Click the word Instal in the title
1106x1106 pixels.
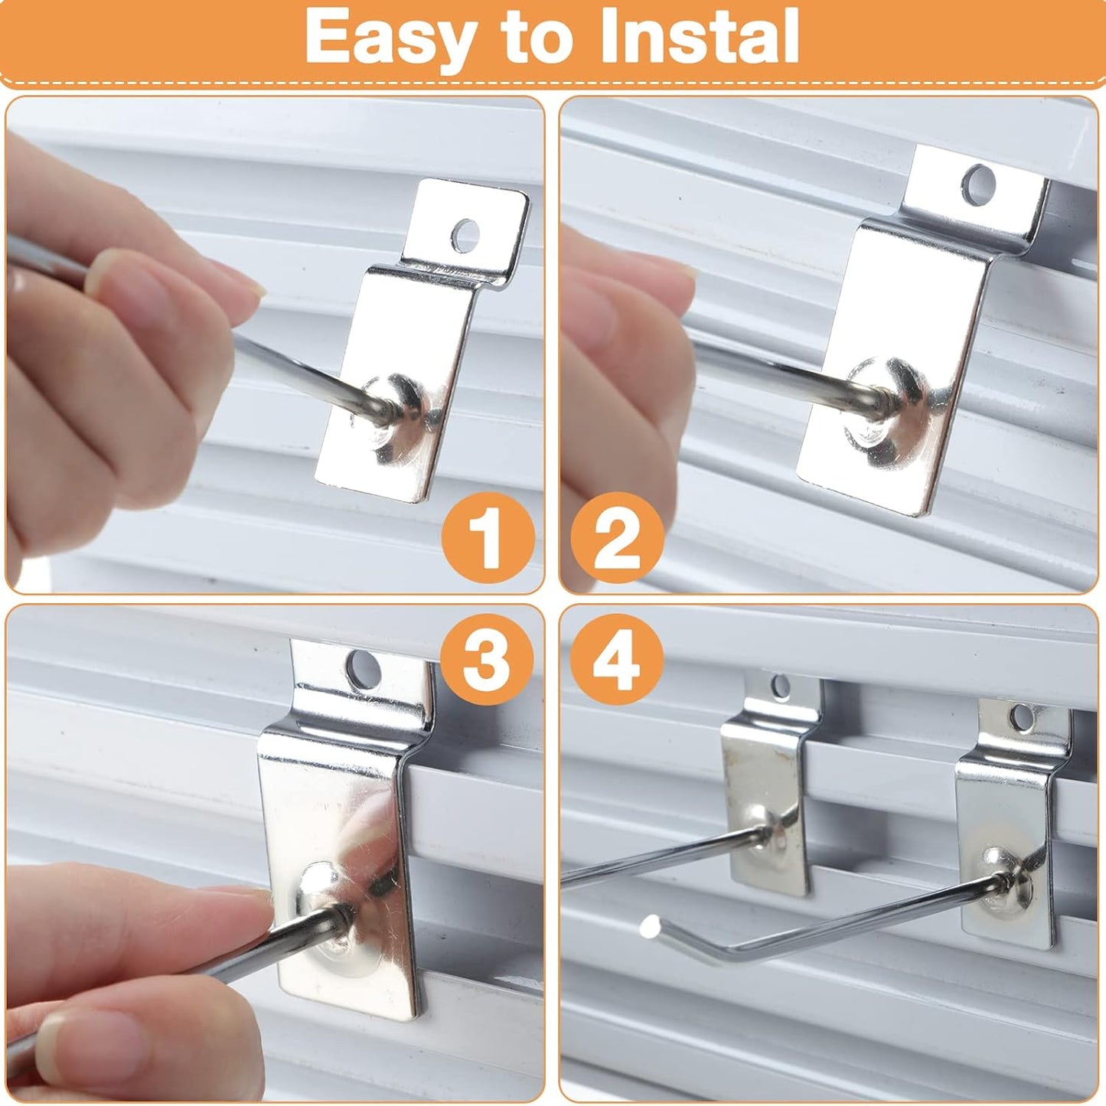pyautogui.click(x=698, y=37)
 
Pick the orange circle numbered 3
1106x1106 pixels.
pyautogui.click(x=488, y=659)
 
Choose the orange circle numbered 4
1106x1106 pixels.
pyautogui.click(x=617, y=659)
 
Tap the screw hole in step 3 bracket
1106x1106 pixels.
pyautogui.click(x=364, y=669)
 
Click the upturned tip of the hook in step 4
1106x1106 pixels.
pyautogui.click(x=651, y=927)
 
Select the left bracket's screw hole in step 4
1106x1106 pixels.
pyautogui.click(x=780, y=687)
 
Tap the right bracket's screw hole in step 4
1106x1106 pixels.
pyautogui.click(x=1022, y=716)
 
